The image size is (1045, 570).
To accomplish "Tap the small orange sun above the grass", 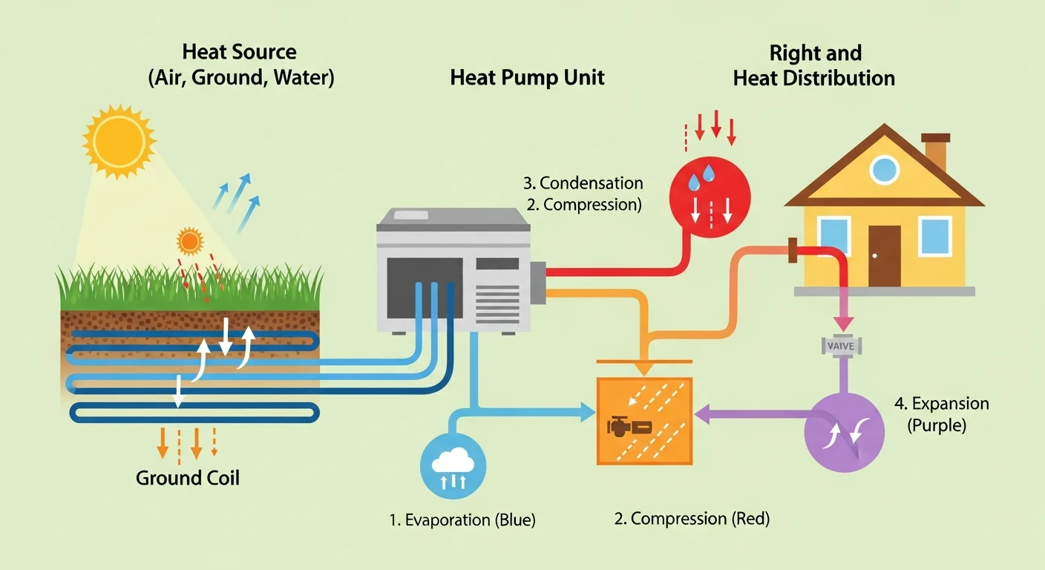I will pos(190,241).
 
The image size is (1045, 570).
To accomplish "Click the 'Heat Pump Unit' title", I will pos(527,78).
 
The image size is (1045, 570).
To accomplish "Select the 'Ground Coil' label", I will pos(188,477).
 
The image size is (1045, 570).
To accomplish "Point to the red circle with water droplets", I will pos(710,195).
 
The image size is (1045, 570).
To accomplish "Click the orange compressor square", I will pos(644,421).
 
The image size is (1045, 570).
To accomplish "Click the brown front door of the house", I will pos(884,255).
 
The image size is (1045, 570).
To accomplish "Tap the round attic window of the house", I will pos(884,170).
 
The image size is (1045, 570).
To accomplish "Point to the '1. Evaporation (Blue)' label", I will pos(462,520).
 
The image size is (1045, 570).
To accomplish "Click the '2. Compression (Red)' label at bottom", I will pos(692,519).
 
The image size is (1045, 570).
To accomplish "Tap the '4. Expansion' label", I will pos(941,404).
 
